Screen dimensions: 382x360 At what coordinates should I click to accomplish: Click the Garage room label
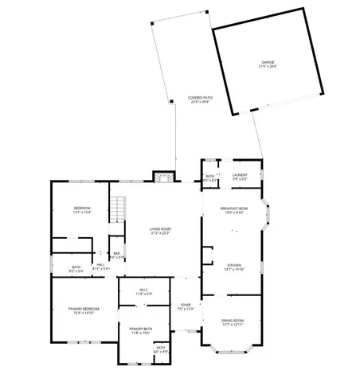tap(268, 61)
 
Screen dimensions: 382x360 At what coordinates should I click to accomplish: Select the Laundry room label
tap(240, 175)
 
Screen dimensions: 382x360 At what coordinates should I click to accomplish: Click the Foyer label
tap(185, 305)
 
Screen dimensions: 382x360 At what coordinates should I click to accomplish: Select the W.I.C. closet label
tap(144, 290)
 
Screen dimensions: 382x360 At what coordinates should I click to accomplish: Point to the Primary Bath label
tap(141, 329)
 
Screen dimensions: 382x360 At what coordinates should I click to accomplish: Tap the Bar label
tap(116, 254)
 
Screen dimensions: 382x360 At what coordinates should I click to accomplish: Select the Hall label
tap(101, 265)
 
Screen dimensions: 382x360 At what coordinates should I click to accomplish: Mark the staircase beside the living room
tap(118, 209)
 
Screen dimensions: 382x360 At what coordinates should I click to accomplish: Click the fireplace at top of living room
tap(162, 177)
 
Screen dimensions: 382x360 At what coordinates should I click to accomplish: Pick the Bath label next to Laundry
tap(210, 177)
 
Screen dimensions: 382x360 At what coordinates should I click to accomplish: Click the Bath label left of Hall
tap(76, 267)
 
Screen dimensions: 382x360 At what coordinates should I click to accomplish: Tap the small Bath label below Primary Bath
tap(160, 348)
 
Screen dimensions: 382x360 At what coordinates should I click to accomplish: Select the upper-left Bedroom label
tap(83, 209)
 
